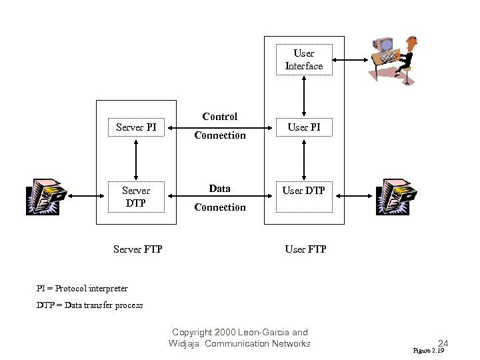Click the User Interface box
[x=304, y=59]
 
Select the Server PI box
[x=136, y=127]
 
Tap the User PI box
[x=304, y=127]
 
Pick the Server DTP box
[x=136, y=197]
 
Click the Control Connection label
[x=220, y=126]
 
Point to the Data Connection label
[x=220, y=198]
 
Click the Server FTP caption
[x=138, y=249]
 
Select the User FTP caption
[x=305, y=249]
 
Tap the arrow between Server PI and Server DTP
[x=136, y=159]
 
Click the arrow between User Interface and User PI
[x=304, y=95]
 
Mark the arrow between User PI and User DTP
[x=304, y=159]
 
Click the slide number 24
[x=443, y=344]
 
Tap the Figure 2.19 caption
[x=428, y=350]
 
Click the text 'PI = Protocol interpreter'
[x=82, y=289]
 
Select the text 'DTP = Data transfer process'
[x=89, y=305]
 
